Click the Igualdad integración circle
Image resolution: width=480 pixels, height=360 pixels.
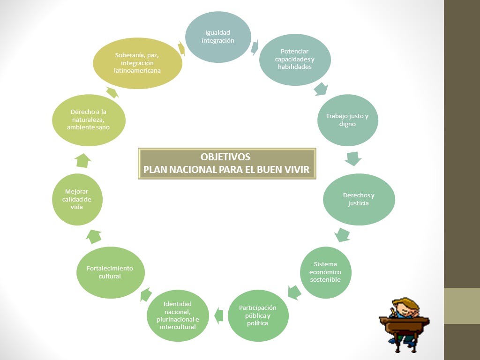pos(218,37)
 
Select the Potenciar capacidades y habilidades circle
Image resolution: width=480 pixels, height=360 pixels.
pos(295,59)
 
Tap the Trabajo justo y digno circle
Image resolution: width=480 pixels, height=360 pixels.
pos(347,120)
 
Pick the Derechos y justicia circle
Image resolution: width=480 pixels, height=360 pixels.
pos(359,199)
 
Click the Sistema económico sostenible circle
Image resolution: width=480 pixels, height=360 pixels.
pos(325,272)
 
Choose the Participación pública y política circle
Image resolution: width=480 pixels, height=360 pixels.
pos(258,315)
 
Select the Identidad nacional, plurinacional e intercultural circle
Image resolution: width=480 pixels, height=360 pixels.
pos(178,315)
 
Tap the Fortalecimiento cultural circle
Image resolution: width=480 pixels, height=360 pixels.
pos(110,272)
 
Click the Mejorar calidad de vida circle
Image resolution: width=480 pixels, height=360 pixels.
pos(77,199)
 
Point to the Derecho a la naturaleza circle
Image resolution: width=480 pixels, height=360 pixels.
pos(89,120)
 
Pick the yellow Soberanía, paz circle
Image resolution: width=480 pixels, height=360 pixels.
pos(137,63)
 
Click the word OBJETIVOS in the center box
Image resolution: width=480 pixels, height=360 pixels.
pos(225,157)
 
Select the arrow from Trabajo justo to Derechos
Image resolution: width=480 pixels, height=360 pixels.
pos(353,158)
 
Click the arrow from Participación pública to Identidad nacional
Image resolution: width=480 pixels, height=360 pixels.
pos(218,315)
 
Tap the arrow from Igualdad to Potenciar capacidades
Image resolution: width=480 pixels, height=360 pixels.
pos(255,47)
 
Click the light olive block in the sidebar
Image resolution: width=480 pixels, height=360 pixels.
pos(462,306)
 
